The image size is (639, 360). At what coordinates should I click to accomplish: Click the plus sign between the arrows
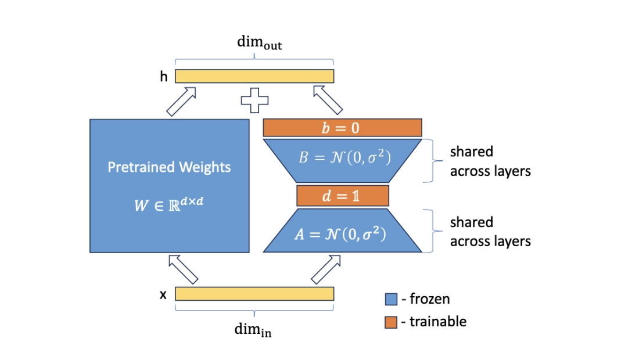[255, 100]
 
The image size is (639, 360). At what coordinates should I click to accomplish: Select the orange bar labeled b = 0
[342, 127]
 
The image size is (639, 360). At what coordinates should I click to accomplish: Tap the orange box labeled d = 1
[342, 196]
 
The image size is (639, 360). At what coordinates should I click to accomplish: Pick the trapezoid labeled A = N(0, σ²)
[342, 235]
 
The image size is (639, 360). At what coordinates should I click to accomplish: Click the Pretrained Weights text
[169, 167]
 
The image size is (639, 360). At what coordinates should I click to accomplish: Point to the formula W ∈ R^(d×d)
[169, 204]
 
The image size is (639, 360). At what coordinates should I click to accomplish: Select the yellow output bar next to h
[254, 76]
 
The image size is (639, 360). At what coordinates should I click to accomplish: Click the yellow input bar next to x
[254, 294]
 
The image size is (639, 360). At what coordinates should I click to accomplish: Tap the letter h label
[164, 76]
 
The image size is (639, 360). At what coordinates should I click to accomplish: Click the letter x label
[163, 295]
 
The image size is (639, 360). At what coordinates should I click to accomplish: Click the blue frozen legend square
[391, 300]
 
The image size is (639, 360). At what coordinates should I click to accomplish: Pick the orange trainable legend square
[391, 322]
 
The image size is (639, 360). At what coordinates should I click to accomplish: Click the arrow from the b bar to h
[327, 100]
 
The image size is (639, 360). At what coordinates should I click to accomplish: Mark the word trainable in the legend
[438, 322]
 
